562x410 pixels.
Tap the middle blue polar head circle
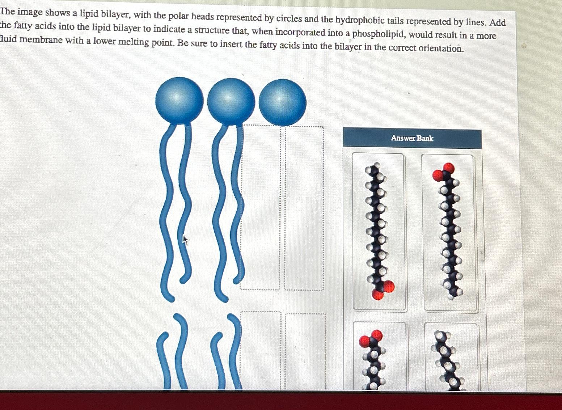231,101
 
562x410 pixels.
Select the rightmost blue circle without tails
282,102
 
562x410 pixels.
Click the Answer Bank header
412,138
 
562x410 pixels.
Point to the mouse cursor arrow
185,239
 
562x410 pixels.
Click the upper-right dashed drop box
304,208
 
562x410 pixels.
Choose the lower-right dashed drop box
305,350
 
